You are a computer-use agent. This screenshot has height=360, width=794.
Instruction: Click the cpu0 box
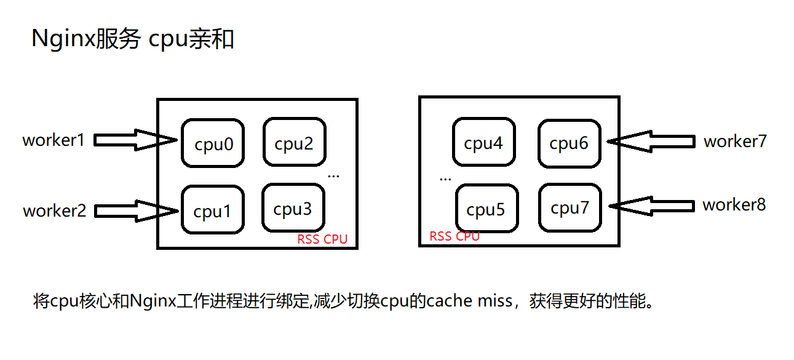pos(213,143)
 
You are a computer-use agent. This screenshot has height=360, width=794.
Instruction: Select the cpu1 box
pos(213,210)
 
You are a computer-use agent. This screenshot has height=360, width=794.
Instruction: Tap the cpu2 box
pos(294,143)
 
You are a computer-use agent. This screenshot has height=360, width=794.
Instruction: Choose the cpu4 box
pos(483,142)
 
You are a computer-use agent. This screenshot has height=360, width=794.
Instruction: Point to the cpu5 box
pos(486,209)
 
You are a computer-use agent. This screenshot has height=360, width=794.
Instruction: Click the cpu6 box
pos(569,143)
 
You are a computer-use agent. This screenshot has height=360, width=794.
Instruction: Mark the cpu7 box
pos(570,207)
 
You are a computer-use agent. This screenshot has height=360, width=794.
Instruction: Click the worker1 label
pos(54,140)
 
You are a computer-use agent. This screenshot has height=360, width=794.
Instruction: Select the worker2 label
pos(54,211)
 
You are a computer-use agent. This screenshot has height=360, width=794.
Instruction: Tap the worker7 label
pos(735,142)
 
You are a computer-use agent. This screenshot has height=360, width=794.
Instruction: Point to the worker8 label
pos(734,205)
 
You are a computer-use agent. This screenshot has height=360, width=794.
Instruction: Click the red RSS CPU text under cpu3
pos(322,239)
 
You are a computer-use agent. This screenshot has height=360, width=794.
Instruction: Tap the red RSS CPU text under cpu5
pos(455,236)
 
